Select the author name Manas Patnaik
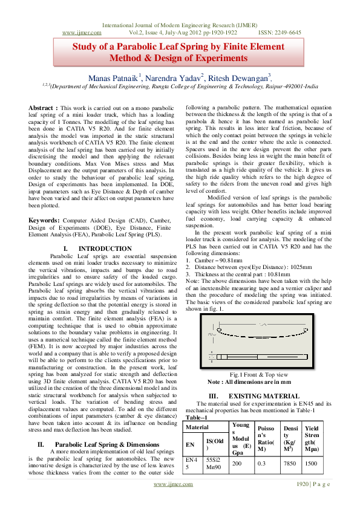114,77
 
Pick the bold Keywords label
47,221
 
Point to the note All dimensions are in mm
249,382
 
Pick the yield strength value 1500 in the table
311,462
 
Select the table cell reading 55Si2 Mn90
215,463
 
